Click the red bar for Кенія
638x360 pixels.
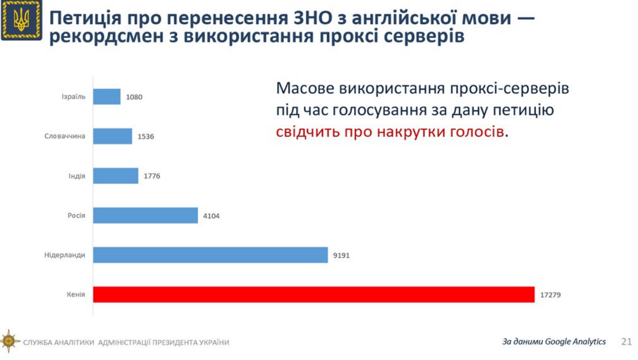tap(314, 294)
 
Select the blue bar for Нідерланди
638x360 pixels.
tap(210, 255)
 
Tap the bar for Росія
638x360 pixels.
tap(145, 215)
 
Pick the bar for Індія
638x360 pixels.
tap(116, 175)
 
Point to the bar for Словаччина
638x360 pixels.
tap(113, 136)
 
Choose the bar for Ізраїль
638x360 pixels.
tap(107, 97)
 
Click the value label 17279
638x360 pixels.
tap(550, 294)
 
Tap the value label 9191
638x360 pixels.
tap(341, 255)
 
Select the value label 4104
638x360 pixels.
tap(211, 216)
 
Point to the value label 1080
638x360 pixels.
tap(134, 97)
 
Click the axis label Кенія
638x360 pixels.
tap(75, 294)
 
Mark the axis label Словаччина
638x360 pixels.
tap(65, 136)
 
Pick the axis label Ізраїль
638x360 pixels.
tap(73, 97)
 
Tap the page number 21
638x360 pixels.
tap(626, 342)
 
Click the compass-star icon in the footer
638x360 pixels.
tap(10, 342)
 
